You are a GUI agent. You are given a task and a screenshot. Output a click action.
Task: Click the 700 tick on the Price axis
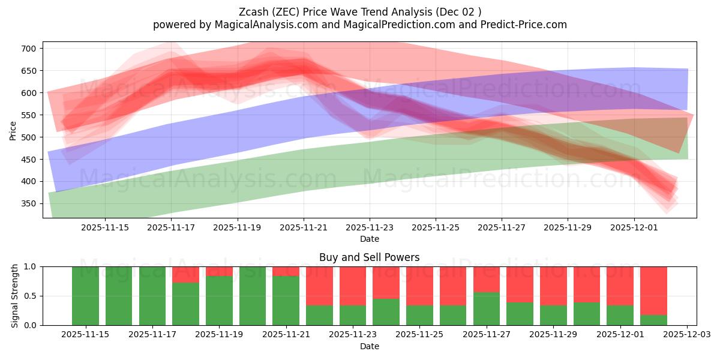pyautogui.click(x=31, y=49)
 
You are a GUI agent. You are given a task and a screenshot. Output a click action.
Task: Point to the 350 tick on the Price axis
pyautogui.click(x=31, y=203)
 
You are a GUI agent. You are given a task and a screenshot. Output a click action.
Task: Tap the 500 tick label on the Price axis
pyautogui.click(x=31, y=137)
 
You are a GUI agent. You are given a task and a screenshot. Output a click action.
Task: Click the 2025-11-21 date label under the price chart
pyautogui.click(x=304, y=228)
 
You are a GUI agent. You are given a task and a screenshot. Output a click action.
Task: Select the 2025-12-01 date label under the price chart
pyautogui.click(x=635, y=228)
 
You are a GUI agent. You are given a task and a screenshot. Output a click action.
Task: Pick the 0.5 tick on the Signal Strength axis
pyautogui.click(x=31, y=296)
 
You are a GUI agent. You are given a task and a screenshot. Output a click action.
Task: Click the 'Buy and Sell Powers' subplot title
pyautogui.click(x=369, y=257)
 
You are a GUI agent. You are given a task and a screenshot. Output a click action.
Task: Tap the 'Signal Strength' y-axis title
pyautogui.click(x=15, y=296)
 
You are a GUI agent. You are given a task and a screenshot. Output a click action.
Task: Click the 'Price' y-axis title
pyautogui.click(x=13, y=131)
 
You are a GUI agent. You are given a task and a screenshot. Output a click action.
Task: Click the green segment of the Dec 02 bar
pyautogui.click(x=653, y=320)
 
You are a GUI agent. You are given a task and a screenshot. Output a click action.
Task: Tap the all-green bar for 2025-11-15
pyautogui.click(x=85, y=296)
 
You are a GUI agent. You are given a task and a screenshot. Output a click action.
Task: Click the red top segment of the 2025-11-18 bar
pyautogui.click(x=185, y=274)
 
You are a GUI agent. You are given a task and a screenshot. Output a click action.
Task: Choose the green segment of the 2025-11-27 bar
pyautogui.click(x=487, y=308)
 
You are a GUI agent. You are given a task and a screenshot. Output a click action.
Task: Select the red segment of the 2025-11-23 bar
pyautogui.click(x=353, y=286)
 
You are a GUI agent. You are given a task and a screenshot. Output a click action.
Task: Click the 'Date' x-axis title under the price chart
pyautogui.click(x=369, y=239)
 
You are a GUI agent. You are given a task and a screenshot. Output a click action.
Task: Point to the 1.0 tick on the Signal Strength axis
pyautogui.click(x=31, y=266)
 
